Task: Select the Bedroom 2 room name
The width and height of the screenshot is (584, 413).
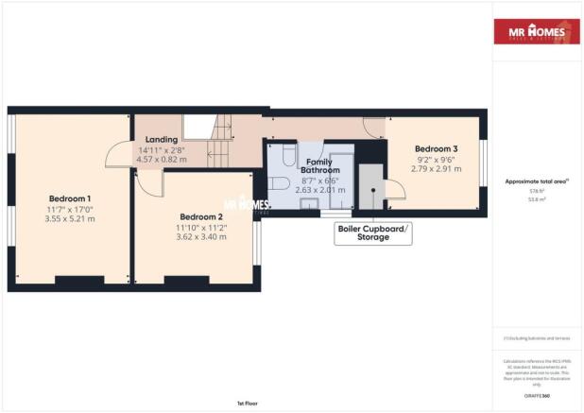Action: (199, 215)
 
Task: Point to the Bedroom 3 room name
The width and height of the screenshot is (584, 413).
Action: (438, 149)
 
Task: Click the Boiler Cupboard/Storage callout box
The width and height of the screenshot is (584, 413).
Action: (374, 233)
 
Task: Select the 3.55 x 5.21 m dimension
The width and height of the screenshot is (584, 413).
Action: (71, 218)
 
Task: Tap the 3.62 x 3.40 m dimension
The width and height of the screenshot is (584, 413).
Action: (199, 236)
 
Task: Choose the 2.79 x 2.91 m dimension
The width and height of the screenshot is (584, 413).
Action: (438, 170)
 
